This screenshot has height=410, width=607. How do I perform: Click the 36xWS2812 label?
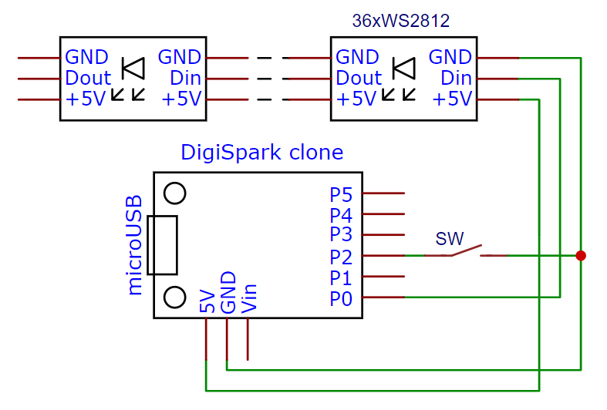tap(400, 22)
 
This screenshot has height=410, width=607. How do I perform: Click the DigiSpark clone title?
tap(261, 152)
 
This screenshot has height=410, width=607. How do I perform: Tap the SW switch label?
tap(450, 238)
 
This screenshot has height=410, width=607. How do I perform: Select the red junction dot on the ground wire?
tap(581, 255)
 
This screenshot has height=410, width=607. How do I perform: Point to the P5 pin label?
tap(341, 194)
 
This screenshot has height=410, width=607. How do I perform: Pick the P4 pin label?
tap(341, 215)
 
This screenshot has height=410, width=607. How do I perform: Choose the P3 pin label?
tap(341, 235)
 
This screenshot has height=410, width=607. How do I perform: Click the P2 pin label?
tap(341, 256)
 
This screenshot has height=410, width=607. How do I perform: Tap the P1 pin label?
tap(341, 277)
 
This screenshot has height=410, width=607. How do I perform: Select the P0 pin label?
tap(341, 297)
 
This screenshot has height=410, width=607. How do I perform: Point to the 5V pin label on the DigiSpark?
tap(207, 301)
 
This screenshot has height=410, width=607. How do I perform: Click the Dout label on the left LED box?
tap(88, 78)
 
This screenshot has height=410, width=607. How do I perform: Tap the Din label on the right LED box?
tap(456, 78)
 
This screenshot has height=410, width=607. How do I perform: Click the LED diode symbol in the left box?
tap(133, 69)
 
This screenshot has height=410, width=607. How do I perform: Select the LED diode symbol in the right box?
tap(404, 69)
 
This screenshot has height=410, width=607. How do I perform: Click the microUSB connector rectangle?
tap(162, 245)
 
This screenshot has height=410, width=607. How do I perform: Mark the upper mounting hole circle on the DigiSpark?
tap(175, 193)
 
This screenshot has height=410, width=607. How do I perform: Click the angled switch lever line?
tap(466, 250)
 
